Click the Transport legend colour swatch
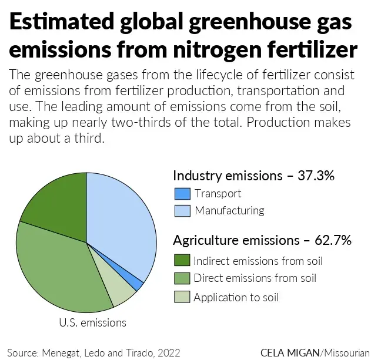pyautogui.click(x=182, y=194)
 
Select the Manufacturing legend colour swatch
pyautogui.click(x=182, y=211)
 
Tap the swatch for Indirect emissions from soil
pyautogui.click(x=182, y=260)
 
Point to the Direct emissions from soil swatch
pyautogui.click(x=182, y=278)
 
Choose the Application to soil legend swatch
pyautogui.click(x=182, y=297)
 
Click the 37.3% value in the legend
pyautogui.click(x=316, y=175)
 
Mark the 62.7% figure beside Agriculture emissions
pyautogui.click(x=333, y=240)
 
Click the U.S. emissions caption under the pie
pyautogui.click(x=92, y=323)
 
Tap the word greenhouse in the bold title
pyautogui.click(x=250, y=22)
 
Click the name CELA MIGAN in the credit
pyautogui.click(x=290, y=352)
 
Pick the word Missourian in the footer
pyautogui.click(x=347, y=352)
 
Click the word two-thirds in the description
pyautogui.click(x=141, y=122)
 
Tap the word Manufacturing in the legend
pyautogui.click(x=229, y=211)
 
